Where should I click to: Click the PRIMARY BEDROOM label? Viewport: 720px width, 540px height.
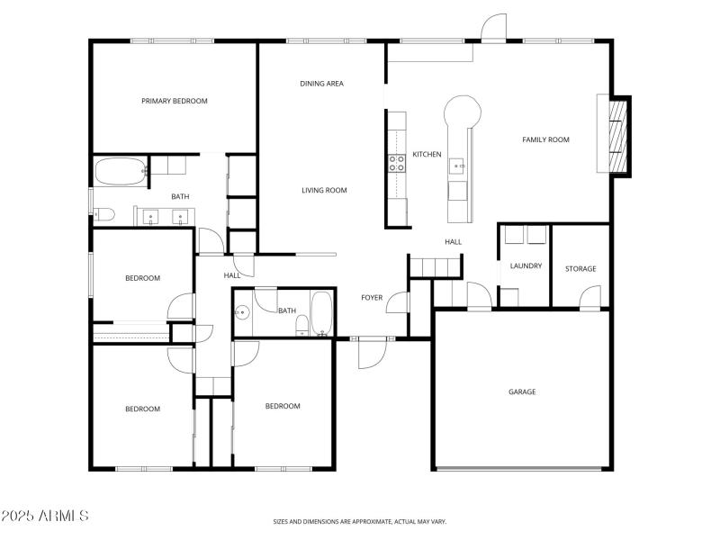(174, 101)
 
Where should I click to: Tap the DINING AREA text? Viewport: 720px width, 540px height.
(321, 84)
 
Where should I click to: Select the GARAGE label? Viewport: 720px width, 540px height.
(522, 391)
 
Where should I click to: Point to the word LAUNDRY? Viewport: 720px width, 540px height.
(526, 266)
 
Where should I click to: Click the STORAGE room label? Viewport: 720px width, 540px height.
(580, 269)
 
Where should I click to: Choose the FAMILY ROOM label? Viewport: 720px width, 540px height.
(546, 139)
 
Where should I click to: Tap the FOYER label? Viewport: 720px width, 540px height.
(372, 298)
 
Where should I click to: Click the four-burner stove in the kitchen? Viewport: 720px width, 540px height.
(395, 163)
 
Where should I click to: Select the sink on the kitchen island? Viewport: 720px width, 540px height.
(457, 166)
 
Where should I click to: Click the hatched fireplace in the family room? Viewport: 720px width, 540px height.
(617, 135)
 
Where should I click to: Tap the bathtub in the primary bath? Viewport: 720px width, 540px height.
(120, 171)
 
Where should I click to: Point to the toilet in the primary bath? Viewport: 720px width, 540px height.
(102, 214)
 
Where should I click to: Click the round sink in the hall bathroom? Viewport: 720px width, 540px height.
(241, 313)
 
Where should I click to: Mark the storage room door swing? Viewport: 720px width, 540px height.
(590, 298)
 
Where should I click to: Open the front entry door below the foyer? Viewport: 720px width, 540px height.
(371, 354)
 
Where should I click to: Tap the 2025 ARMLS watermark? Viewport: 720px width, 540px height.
(45, 516)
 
